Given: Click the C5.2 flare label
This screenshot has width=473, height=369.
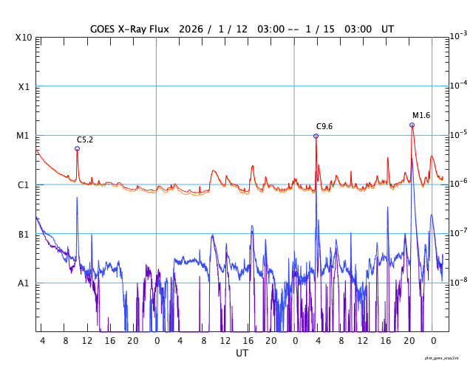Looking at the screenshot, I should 85,139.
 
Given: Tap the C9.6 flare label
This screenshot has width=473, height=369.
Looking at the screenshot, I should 324,126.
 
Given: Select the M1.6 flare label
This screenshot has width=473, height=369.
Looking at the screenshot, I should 421,115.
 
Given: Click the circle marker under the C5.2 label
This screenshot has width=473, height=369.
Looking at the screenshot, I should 77,148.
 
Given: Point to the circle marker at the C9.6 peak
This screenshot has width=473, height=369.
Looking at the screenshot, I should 316,136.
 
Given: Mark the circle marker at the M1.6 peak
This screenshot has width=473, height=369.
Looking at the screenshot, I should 412,125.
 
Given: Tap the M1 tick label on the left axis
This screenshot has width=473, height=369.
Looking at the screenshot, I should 24,136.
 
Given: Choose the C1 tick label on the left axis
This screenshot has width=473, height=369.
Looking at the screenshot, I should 24,185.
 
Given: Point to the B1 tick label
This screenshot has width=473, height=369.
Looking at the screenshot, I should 24,235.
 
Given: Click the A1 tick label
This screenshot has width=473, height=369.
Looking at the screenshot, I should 24,283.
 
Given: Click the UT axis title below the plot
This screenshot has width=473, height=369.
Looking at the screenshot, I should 242,354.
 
